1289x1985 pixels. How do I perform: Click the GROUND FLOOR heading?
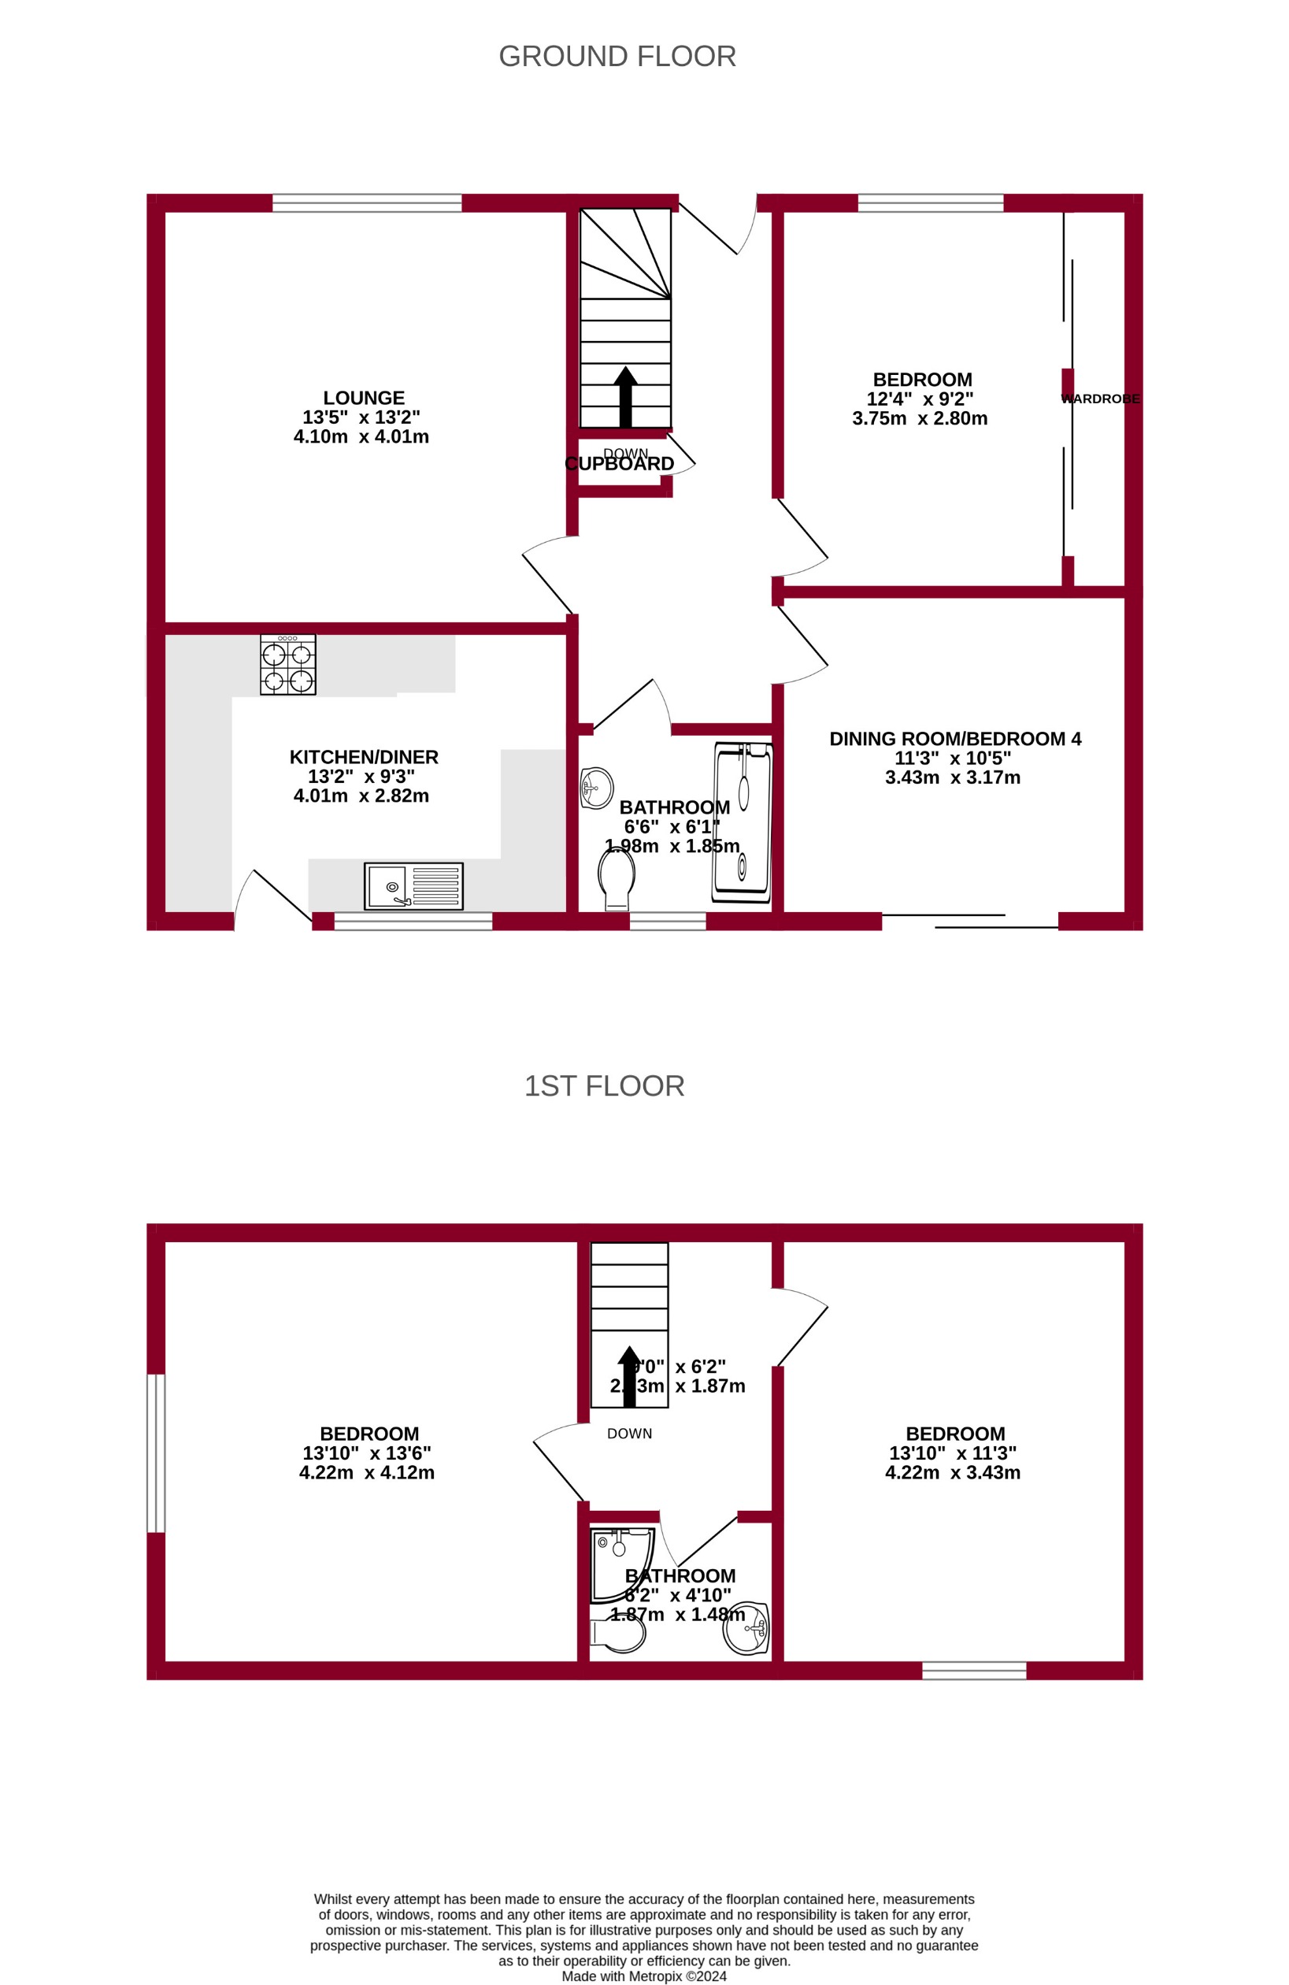[617, 57]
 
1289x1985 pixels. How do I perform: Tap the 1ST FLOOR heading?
[604, 1086]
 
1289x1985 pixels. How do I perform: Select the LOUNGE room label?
[364, 398]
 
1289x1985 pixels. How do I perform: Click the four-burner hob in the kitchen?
[287, 664]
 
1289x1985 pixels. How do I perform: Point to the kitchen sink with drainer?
[413, 885]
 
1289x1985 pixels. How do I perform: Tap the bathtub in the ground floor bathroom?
[742, 822]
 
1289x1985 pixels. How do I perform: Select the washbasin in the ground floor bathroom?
[597, 788]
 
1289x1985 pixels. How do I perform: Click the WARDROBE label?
[1100, 399]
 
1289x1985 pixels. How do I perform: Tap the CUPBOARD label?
[620, 464]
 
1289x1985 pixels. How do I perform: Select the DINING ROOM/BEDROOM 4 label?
[954, 738]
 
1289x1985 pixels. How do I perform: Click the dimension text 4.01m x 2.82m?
[361, 796]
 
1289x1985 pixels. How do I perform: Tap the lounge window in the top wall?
[367, 202]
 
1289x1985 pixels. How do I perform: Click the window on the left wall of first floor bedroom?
[156, 1453]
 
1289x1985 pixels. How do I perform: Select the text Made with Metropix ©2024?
[643, 1976]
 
